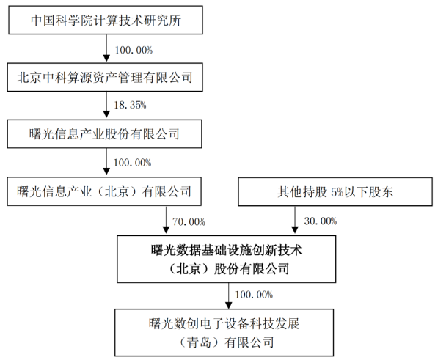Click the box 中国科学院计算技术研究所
click(x=106, y=21)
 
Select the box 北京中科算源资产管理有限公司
click(x=105, y=77)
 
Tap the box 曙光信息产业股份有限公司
click(x=105, y=134)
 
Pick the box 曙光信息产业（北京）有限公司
click(x=104, y=191)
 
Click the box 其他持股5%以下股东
click(x=335, y=192)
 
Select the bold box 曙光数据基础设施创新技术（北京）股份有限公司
click(x=227, y=260)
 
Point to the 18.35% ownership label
click(x=130, y=105)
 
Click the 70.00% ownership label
click(x=189, y=222)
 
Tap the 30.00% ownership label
click(x=321, y=221)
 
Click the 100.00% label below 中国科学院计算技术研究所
click(x=134, y=50)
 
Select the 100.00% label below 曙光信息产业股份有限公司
click(x=133, y=163)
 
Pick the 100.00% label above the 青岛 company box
click(x=254, y=295)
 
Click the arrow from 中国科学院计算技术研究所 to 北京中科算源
click(x=106, y=48)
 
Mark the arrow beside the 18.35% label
click(x=106, y=105)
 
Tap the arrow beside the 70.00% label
click(x=166, y=220)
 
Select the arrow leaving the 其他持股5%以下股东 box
click(x=295, y=220)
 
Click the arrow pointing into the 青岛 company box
click(x=228, y=296)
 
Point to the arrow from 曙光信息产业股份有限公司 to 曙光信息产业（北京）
click(x=106, y=162)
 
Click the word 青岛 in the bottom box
click(x=199, y=342)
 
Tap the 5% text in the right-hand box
click(x=337, y=192)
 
